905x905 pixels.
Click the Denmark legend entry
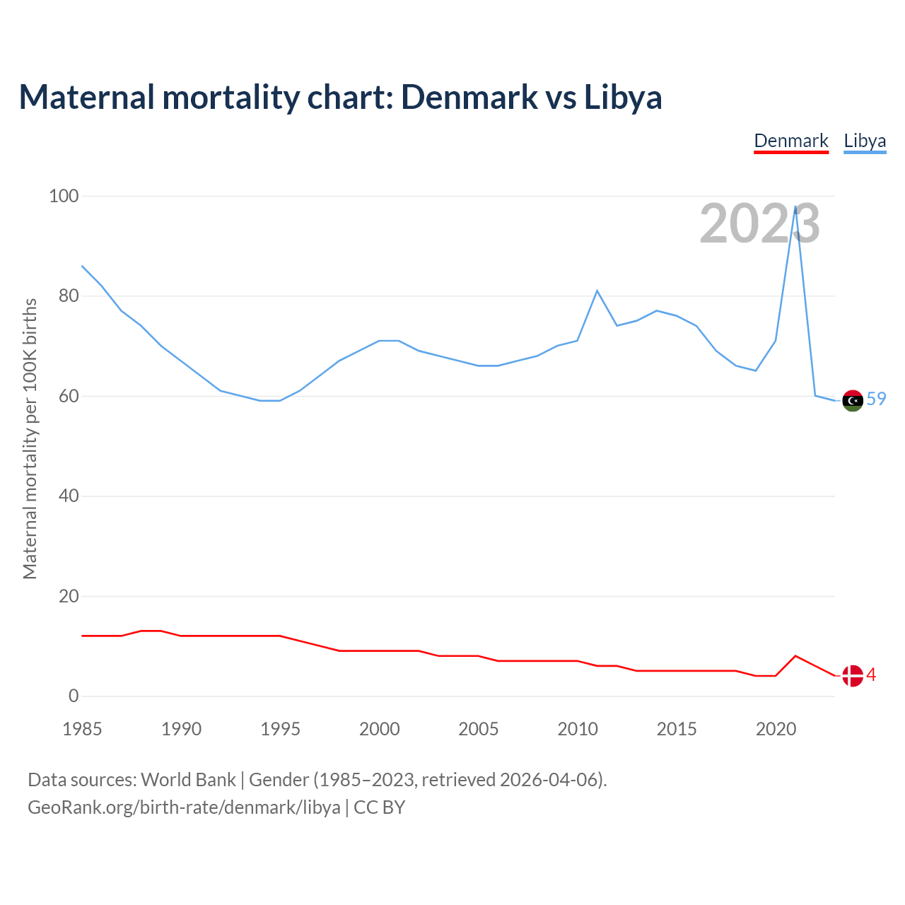(790, 141)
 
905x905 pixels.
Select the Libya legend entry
(865, 141)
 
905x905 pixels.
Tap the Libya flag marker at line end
(853, 400)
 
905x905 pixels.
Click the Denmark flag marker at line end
(853, 676)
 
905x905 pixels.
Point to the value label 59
(876, 399)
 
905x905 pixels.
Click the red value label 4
(872, 675)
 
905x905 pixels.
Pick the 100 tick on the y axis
(64, 196)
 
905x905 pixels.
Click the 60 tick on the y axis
(69, 396)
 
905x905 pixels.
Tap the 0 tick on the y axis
(74, 696)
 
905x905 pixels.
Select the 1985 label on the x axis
(82, 729)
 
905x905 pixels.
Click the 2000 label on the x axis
(380, 729)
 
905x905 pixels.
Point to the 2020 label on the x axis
(776, 729)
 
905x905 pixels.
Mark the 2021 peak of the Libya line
(795, 207)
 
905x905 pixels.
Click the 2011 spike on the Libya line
(597, 291)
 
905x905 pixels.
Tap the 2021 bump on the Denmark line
(795, 656)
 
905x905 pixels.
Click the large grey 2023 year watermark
(759, 224)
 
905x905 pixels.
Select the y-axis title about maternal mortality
(30, 438)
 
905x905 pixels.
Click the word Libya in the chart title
(623, 98)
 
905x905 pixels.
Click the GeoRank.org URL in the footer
(184, 807)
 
